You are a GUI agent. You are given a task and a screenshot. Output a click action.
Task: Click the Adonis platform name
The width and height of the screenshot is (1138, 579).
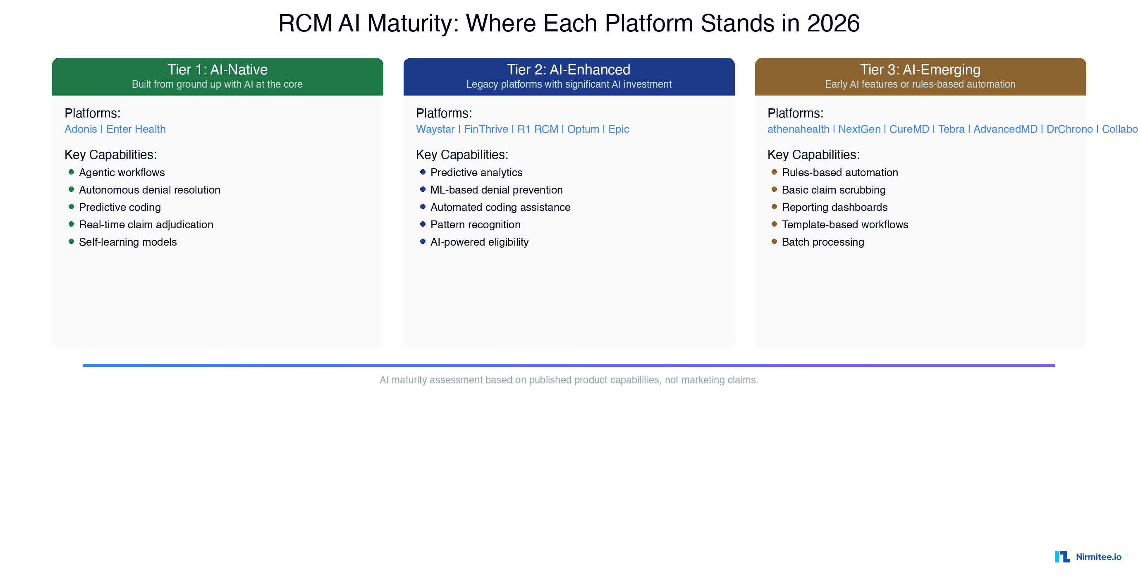(x=80, y=129)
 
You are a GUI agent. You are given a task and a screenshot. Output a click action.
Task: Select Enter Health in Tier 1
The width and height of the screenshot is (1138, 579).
(x=136, y=129)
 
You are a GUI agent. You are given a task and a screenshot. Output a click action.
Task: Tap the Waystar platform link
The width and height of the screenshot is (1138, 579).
(x=435, y=129)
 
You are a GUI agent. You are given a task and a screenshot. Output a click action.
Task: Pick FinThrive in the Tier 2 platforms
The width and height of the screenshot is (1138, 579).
(x=485, y=129)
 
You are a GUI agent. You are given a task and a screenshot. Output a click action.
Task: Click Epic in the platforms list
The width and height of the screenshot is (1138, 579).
(x=618, y=129)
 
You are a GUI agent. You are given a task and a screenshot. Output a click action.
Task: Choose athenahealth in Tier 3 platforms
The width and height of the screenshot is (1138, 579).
(x=798, y=129)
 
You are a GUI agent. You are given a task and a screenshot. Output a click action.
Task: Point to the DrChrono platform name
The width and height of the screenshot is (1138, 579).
(x=1069, y=129)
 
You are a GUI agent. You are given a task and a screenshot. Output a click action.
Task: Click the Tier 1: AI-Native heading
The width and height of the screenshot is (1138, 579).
(x=218, y=69)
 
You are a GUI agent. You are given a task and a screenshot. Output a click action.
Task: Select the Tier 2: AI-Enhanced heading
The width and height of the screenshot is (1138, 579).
(x=568, y=69)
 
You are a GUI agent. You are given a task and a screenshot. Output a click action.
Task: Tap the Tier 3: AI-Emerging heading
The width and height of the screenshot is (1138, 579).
(x=920, y=69)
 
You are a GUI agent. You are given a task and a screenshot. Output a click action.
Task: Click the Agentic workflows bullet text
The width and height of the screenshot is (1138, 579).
(x=122, y=172)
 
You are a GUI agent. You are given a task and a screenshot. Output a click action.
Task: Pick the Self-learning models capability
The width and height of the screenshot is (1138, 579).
(x=128, y=242)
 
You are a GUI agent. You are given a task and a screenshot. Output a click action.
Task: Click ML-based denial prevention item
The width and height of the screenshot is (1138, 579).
(x=496, y=189)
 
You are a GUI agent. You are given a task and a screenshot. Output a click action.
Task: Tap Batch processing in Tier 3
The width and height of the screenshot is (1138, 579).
(x=822, y=242)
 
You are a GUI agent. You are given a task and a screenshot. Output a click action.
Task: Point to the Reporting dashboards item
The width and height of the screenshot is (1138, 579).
(x=834, y=207)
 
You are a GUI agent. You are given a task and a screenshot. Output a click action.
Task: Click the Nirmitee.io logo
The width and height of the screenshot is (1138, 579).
(x=1088, y=556)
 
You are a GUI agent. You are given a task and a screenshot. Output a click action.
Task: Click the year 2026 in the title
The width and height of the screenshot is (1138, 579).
(x=833, y=23)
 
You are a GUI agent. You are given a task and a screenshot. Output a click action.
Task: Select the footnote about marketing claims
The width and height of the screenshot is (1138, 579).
(x=569, y=380)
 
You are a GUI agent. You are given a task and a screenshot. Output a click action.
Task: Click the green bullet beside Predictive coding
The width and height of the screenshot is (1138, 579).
(x=71, y=207)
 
